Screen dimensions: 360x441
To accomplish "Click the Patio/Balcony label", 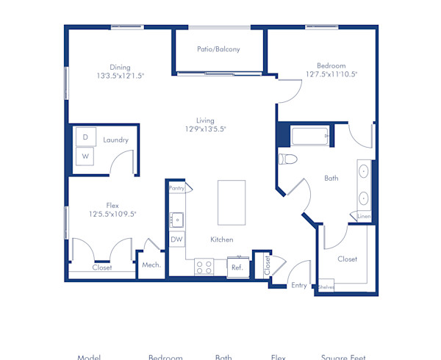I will [218, 50].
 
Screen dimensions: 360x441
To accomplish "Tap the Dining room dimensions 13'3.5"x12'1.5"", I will [119, 76].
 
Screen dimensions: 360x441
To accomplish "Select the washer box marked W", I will [85, 156].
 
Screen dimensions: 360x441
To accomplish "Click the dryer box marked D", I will [85, 137].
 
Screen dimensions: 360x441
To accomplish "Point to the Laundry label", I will [116, 140].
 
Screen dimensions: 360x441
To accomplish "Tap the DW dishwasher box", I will [176, 240].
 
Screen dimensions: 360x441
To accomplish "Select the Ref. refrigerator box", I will [237, 267].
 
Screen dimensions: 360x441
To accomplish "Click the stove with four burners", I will [204, 267].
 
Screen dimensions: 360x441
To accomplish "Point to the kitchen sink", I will [176, 219].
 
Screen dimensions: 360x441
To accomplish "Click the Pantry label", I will [176, 188].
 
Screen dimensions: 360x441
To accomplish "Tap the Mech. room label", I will [151, 264].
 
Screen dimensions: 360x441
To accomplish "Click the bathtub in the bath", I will [309, 137].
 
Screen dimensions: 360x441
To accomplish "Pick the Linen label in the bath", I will [364, 217].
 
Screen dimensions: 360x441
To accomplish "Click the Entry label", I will [299, 285].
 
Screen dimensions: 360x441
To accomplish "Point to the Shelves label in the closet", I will [326, 287].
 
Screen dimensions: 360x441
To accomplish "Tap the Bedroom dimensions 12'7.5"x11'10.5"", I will [331, 74].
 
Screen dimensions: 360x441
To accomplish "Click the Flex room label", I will [112, 205].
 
